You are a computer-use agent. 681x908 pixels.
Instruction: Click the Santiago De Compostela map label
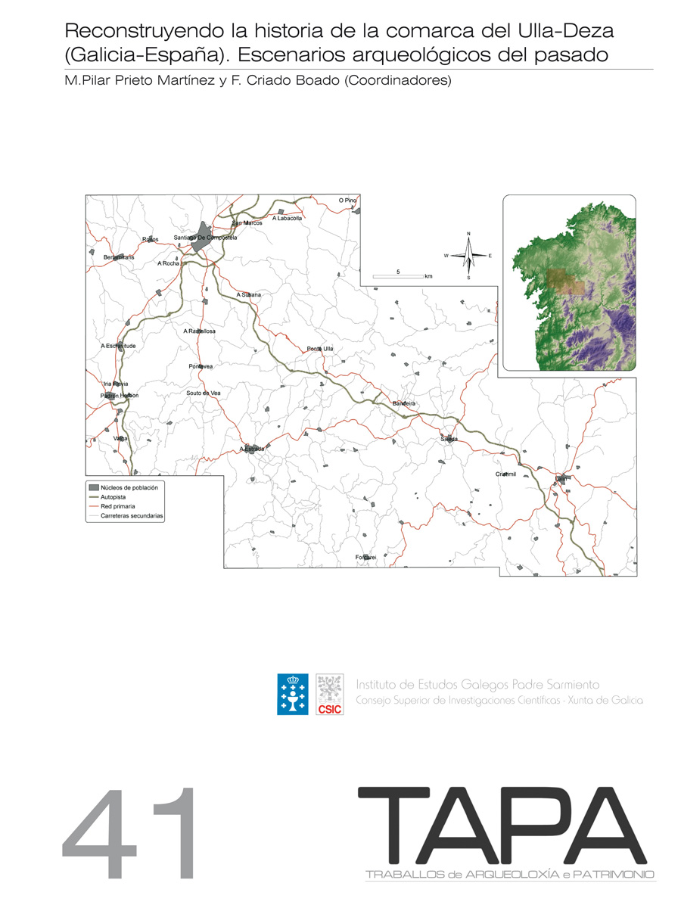pyautogui.click(x=205, y=238)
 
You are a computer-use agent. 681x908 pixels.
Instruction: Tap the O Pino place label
pyautogui.click(x=347, y=201)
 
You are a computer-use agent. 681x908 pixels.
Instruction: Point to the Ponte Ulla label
pyautogui.click(x=319, y=349)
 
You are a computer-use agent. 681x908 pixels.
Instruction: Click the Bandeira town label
pyautogui.click(x=404, y=404)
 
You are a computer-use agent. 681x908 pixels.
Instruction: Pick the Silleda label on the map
pyautogui.click(x=449, y=439)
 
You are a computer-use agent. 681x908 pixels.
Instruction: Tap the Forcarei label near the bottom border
pyautogui.click(x=365, y=557)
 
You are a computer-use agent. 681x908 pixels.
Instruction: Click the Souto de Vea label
pyautogui.click(x=204, y=393)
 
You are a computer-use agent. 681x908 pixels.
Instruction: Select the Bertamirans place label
pyautogui.click(x=118, y=258)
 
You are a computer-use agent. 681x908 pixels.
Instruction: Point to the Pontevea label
pyautogui.click(x=201, y=366)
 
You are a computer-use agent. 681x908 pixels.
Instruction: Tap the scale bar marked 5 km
pyautogui.click(x=399, y=275)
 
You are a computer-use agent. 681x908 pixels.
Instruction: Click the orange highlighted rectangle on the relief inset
pyautogui.click(x=567, y=281)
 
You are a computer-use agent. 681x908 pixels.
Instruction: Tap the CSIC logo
pyautogui.click(x=329, y=695)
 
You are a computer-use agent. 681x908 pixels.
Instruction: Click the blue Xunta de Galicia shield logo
pyautogui.click(x=293, y=695)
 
